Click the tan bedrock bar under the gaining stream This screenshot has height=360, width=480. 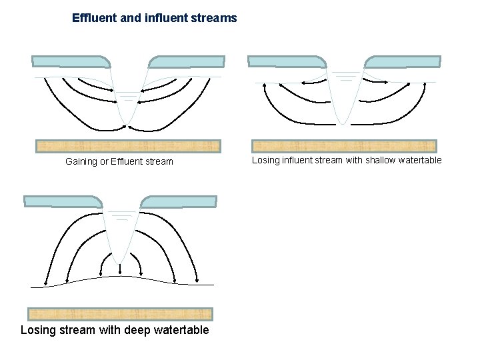click(x=128, y=146)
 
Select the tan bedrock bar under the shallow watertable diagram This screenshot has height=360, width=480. click(x=344, y=146)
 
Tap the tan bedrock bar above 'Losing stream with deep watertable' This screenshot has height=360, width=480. click(x=120, y=314)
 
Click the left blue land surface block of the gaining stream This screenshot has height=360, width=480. click(x=71, y=62)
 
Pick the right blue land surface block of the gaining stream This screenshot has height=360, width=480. click(x=185, y=62)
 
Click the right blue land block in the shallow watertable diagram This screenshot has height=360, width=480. click(x=403, y=61)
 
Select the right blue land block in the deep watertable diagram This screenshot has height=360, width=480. click(x=179, y=201)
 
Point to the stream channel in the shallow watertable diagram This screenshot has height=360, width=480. click(x=343, y=93)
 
